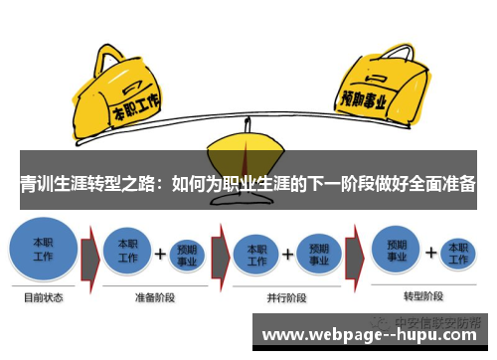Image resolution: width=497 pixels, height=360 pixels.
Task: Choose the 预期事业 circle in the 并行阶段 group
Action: pos(318,251)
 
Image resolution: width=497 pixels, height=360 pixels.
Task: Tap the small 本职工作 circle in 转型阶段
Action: pos(457,251)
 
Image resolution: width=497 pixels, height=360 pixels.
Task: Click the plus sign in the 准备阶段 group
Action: pos(159,253)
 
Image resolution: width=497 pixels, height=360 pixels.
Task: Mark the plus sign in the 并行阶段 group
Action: pos(288,253)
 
